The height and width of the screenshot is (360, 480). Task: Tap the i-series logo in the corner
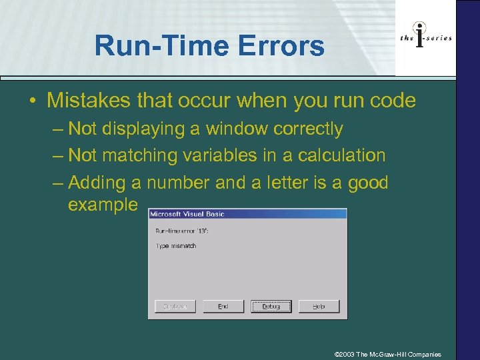point(425,38)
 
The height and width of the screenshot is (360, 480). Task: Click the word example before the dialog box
point(103,204)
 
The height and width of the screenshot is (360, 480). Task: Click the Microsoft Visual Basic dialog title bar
point(247,214)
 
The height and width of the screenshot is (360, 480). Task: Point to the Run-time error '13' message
point(178,231)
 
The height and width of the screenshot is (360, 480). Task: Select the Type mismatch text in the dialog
point(176,246)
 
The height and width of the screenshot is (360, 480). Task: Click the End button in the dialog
point(223,306)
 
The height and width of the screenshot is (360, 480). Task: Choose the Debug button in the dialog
point(271,306)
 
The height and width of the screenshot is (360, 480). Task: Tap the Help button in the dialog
point(319,306)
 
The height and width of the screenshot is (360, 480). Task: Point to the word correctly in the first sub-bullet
point(311,129)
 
